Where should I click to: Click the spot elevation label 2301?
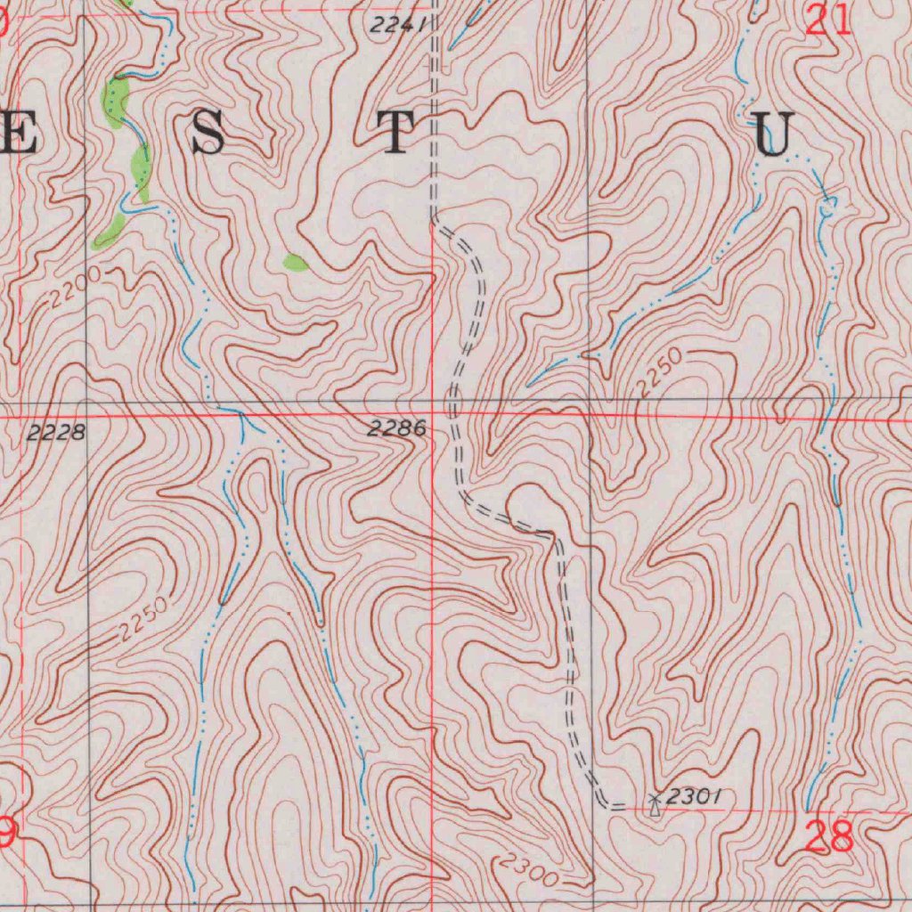693,796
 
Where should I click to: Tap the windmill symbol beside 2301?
655,803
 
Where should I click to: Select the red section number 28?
828,837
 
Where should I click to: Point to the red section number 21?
828,20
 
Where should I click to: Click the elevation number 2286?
396,429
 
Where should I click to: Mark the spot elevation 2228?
56,433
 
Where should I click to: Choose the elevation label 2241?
397,27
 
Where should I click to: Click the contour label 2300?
529,871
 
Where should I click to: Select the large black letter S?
207,134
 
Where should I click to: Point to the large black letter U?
772,136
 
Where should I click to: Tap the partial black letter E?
18,134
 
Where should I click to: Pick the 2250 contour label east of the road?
661,373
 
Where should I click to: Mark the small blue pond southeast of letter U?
828,206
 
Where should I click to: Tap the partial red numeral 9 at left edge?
6,834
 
